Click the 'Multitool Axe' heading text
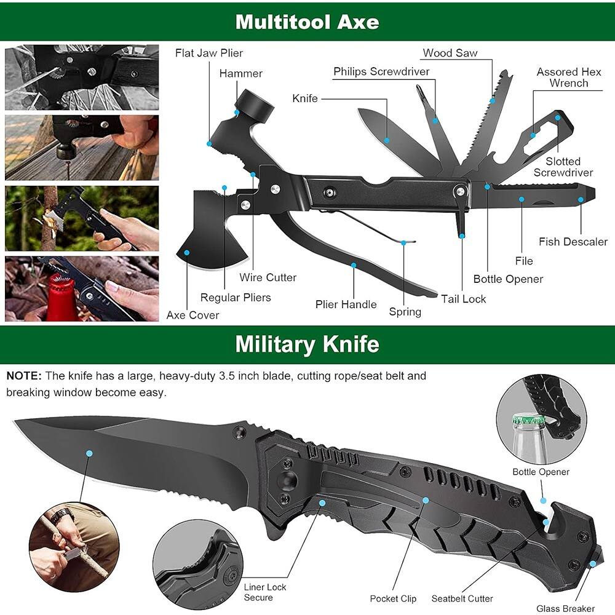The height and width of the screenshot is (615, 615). point(307,22)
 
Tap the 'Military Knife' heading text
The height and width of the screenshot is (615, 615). point(307,344)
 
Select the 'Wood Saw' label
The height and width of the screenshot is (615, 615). point(450,53)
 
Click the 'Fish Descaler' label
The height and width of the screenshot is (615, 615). point(573,242)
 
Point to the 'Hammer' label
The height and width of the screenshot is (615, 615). point(241,74)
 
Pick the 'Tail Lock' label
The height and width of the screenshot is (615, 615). point(463,299)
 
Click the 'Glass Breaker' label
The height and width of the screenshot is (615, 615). point(566,609)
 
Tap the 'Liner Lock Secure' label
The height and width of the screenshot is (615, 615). point(265,592)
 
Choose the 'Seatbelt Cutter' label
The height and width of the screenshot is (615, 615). point(462,598)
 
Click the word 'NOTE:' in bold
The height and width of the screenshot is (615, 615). point(24,376)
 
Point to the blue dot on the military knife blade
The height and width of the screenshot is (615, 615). point(89,453)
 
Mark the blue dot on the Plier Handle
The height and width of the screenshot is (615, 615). point(354,266)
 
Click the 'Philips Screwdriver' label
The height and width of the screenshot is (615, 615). point(381,72)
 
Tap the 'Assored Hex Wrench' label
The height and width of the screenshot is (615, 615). point(569,77)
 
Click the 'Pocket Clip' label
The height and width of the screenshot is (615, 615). point(393,598)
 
